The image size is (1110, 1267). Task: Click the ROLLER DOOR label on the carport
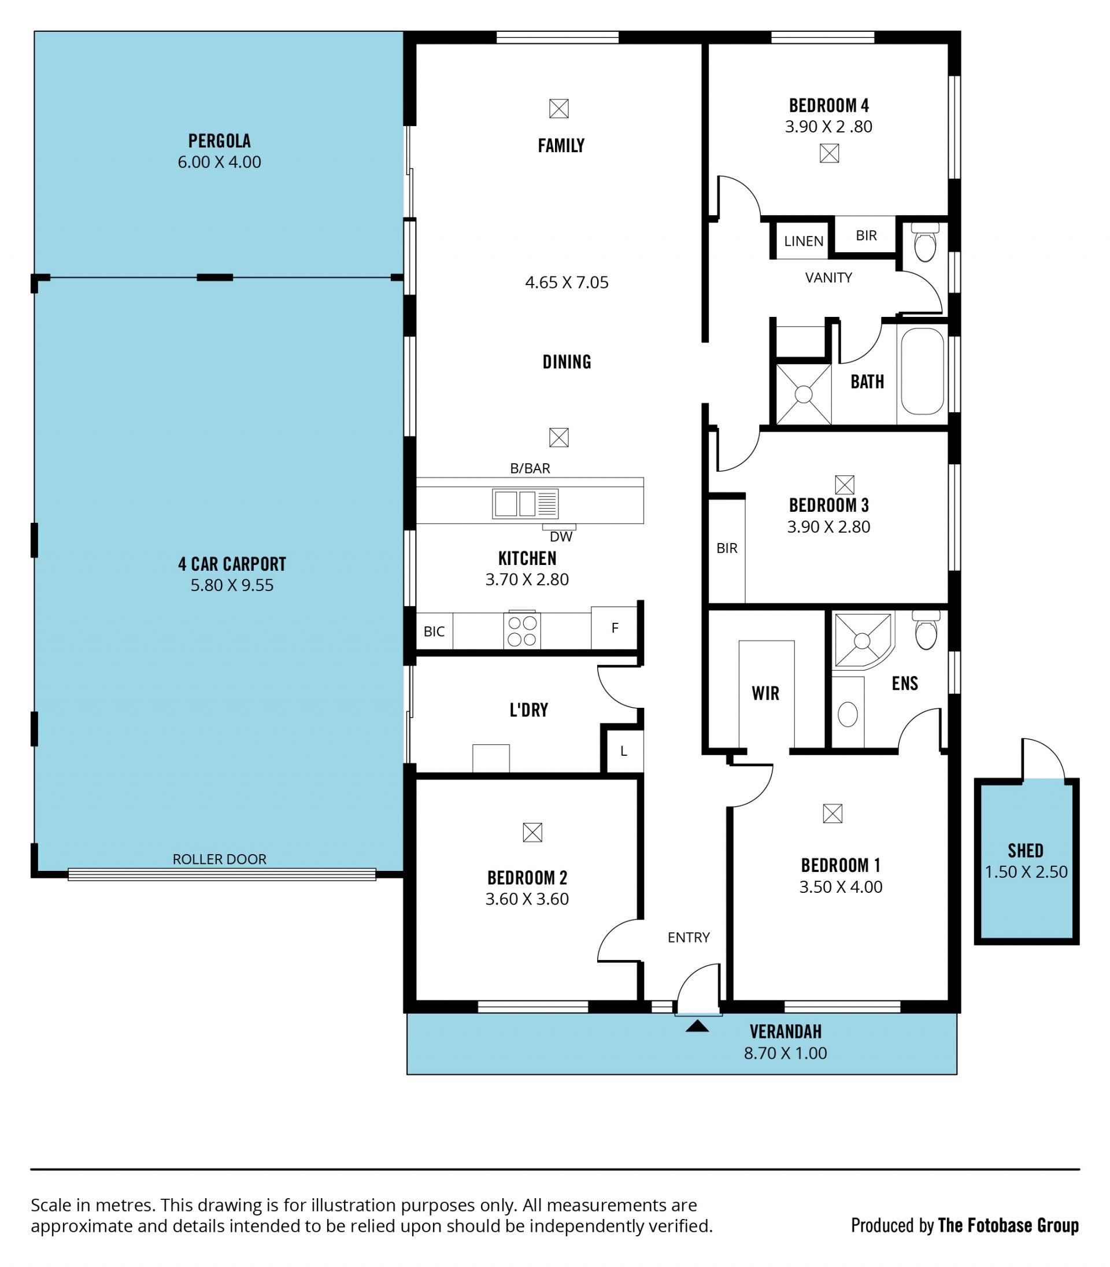(x=219, y=859)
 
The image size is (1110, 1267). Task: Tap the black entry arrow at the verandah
(x=697, y=1026)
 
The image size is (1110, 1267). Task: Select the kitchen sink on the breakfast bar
(x=526, y=504)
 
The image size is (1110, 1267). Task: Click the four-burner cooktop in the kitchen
(x=521, y=631)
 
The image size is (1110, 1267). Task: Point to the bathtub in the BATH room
(x=922, y=371)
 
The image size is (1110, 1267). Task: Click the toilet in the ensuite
(x=926, y=630)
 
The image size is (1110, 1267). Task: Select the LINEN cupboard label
(x=804, y=241)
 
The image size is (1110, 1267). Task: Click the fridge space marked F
(x=615, y=628)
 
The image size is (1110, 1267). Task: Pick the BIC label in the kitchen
(x=434, y=631)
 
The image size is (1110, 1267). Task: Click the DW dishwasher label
(x=561, y=537)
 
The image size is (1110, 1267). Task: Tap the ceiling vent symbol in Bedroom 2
(x=532, y=833)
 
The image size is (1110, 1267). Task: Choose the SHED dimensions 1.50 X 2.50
(x=1026, y=871)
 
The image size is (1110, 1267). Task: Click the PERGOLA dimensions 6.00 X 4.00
(x=219, y=162)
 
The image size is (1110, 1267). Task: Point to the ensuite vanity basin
(x=848, y=714)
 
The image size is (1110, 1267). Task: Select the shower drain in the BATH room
(x=804, y=394)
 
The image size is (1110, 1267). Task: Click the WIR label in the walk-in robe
(x=765, y=693)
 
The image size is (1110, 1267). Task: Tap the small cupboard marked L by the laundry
(x=624, y=751)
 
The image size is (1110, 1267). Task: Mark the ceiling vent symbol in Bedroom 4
(x=830, y=153)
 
